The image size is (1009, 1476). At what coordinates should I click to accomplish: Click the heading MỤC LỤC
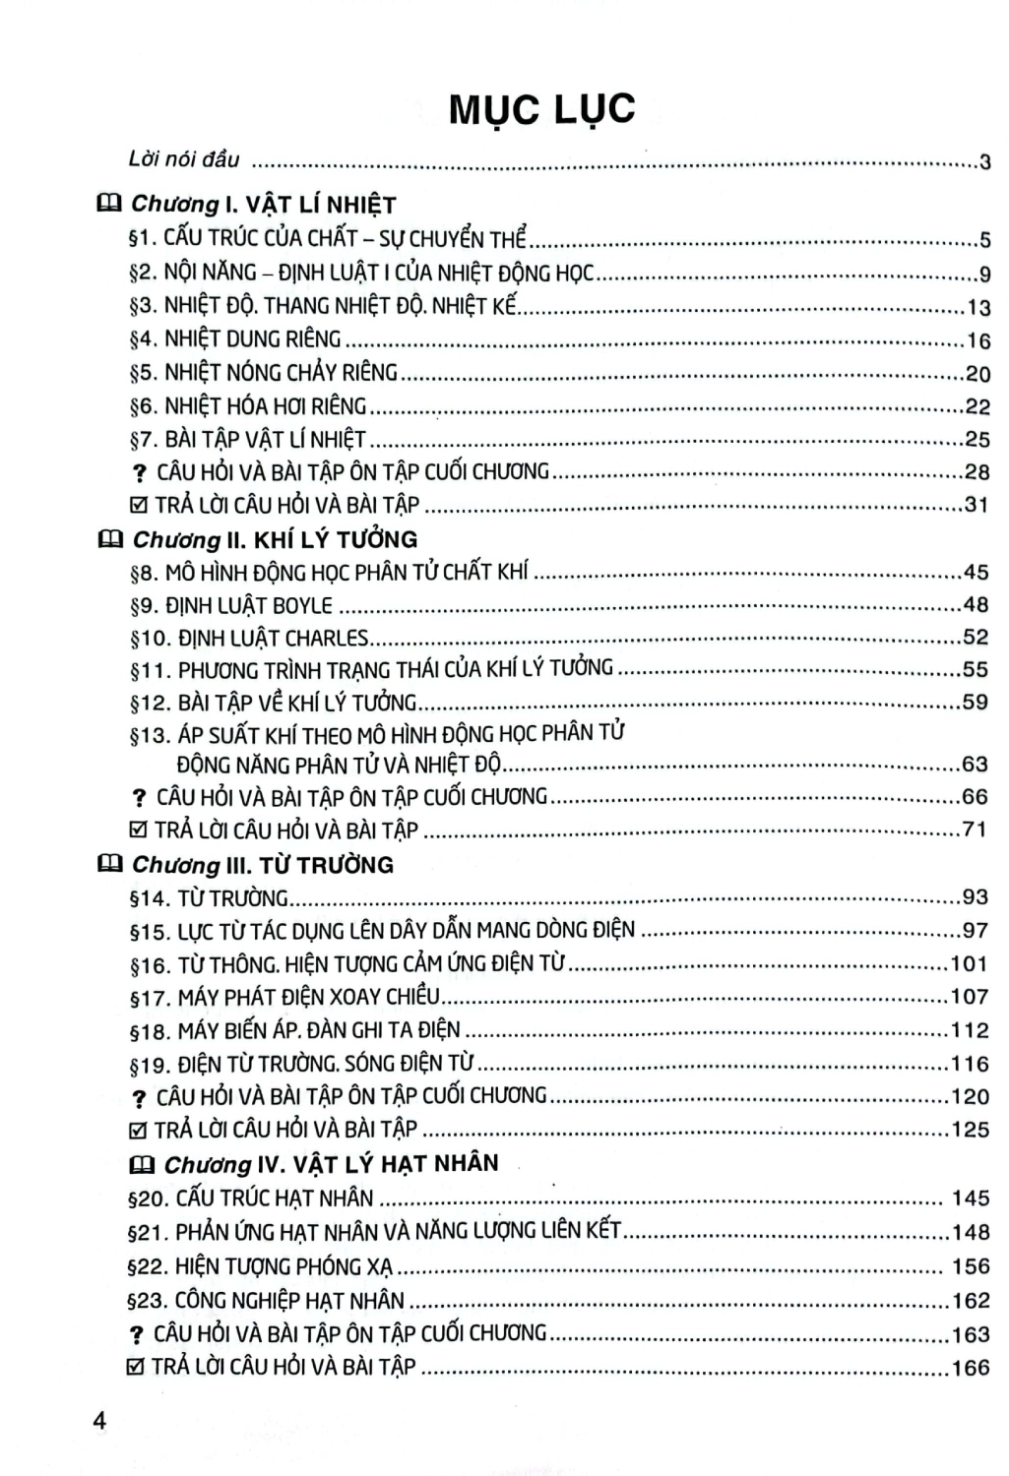click(541, 109)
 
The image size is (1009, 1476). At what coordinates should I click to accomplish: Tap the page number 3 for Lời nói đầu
click(984, 162)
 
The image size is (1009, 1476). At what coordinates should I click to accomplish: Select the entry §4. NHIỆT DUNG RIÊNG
click(235, 339)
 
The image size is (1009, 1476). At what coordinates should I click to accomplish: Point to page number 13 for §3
click(977, 308)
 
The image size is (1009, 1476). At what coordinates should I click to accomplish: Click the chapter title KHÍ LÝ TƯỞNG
click(336, 539)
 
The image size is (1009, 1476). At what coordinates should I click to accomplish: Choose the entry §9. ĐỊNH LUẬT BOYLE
click(231, 605)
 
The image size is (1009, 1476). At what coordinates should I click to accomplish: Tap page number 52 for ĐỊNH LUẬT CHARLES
click(975, 637)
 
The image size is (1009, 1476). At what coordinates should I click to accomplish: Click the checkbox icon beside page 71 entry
click(139, 830)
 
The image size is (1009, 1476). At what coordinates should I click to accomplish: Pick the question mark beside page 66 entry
click(139, 798)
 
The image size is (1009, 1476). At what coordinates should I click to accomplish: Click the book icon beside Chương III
click(109, 865)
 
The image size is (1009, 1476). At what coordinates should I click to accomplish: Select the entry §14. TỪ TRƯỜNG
click(209, 898)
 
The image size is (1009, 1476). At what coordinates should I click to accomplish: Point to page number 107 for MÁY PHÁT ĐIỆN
click(970, 997)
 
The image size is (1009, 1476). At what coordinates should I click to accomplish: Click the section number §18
click(150, 1031)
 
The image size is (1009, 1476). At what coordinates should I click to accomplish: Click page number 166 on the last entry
click(970, 1368)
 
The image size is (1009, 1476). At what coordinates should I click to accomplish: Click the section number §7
click(144, 440)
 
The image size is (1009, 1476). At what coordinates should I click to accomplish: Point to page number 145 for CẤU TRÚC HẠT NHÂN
click(971, 1199)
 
